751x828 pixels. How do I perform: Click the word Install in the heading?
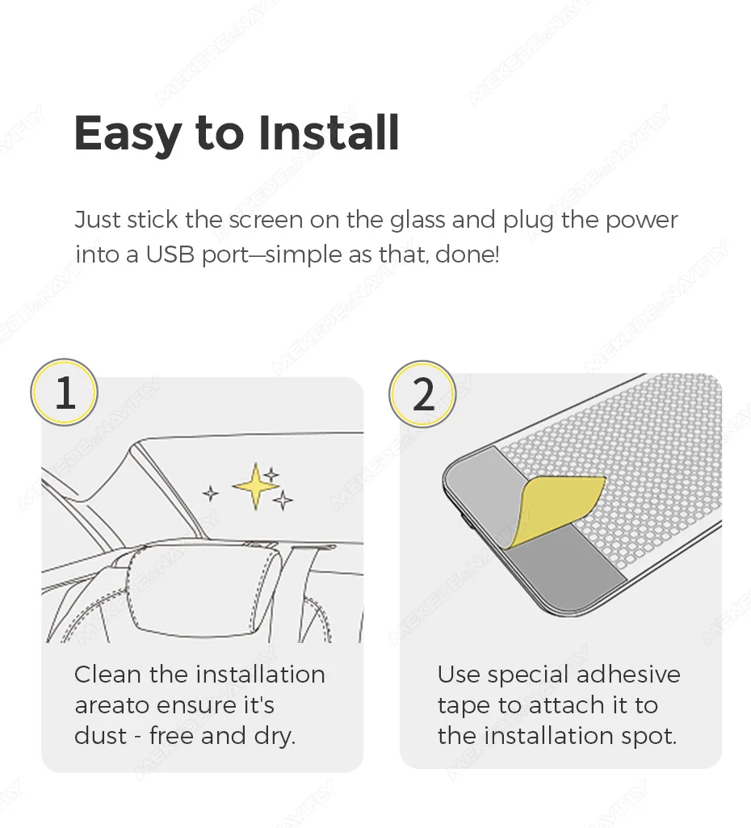(x=329, y=132)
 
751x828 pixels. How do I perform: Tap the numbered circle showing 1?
(x=65, y=392)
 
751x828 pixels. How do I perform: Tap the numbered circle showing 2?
(x=422, y=394)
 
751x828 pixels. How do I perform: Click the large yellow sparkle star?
(x=256, y=486)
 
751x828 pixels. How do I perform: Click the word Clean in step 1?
(x=107, y=675)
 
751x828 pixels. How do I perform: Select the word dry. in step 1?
(x=275, y=737)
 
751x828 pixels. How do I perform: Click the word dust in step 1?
(x=101, y=736)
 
